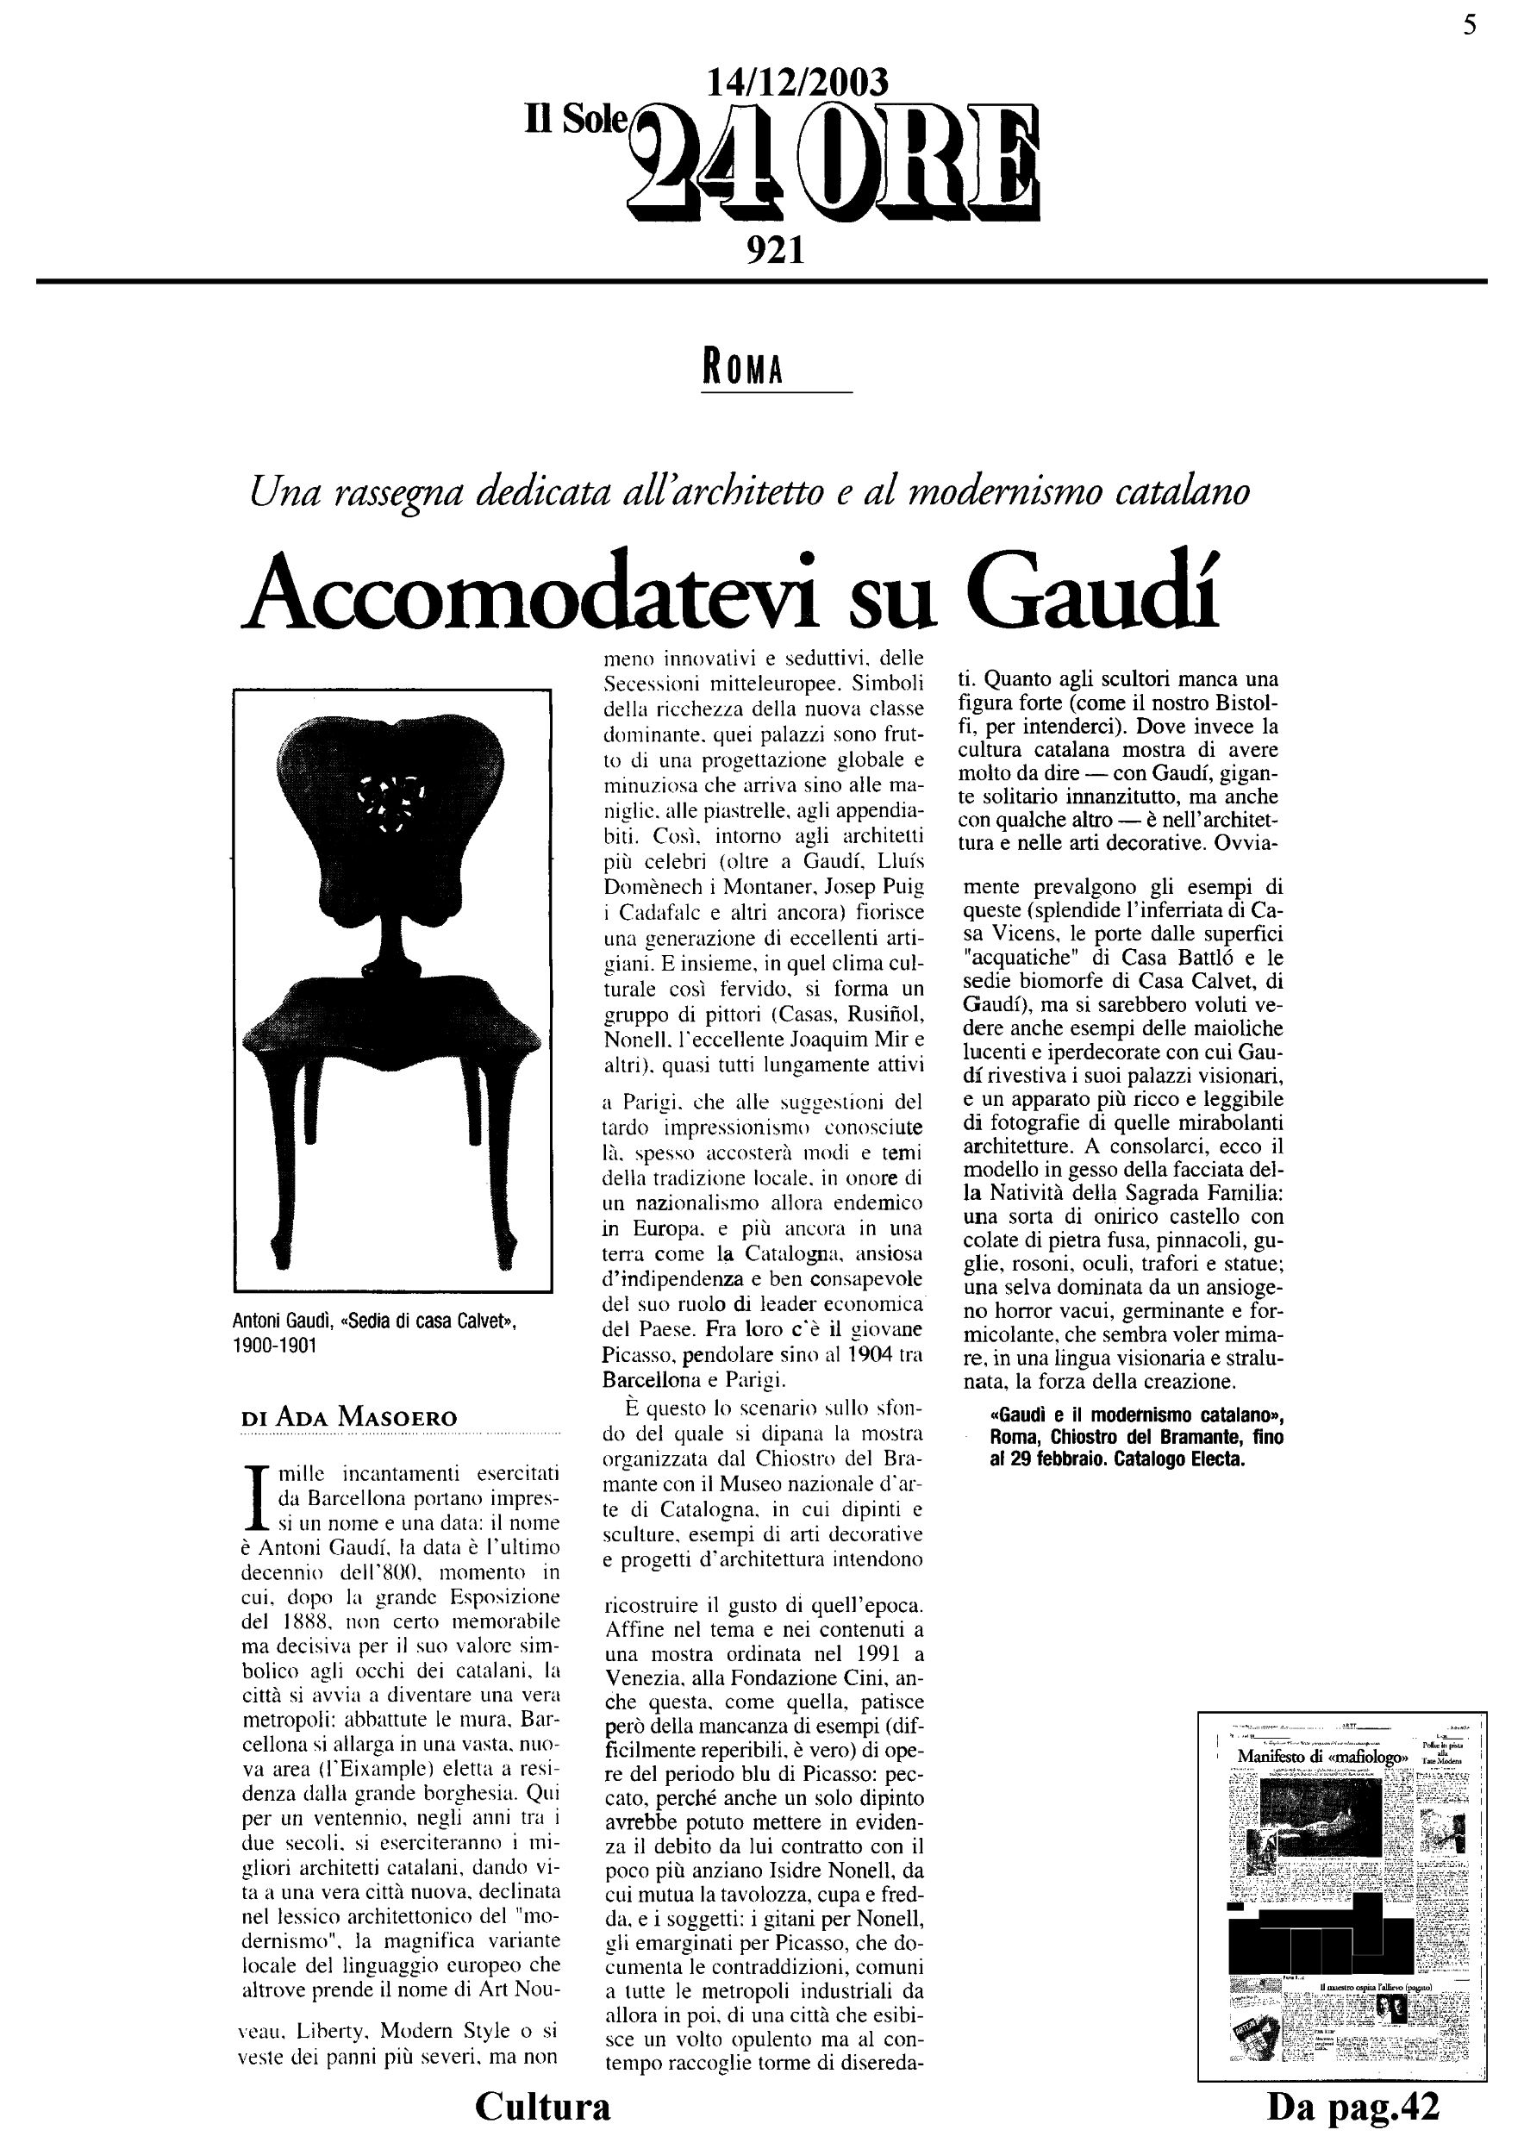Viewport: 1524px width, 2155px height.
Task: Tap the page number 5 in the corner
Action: pyautogui.click(x=1470, y=26)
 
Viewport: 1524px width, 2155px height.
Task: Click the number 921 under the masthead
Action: pyautogui.click(x=775, y=251)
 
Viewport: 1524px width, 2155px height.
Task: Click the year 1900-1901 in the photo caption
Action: pyautogui.click(x=275, y=1345)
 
